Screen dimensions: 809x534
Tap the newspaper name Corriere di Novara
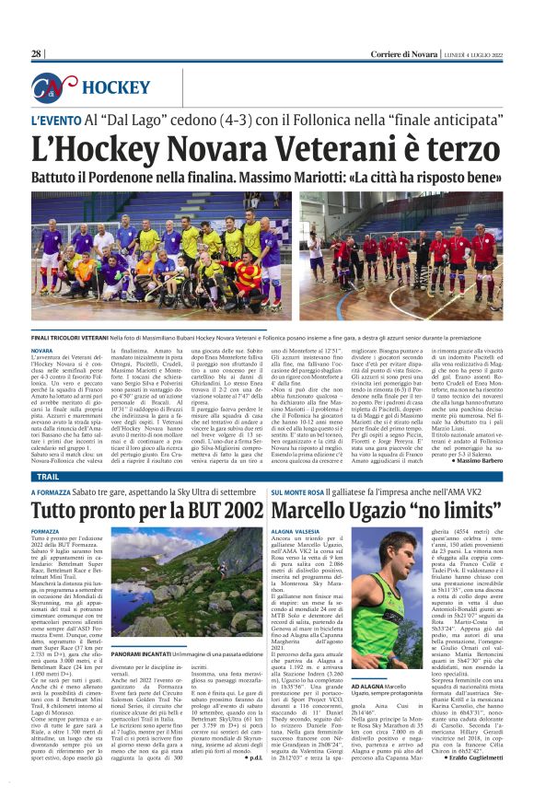click(x=376, y=54)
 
